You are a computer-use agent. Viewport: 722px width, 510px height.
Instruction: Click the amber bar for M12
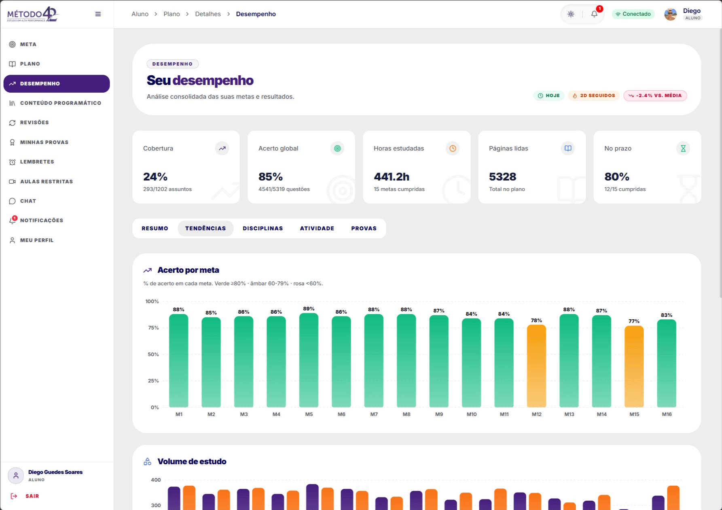click(x=536, y=366)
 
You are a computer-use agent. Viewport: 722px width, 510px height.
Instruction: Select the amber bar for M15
click(x=634, y=366)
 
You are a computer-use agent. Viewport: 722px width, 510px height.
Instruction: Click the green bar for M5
click(x=309, y=360)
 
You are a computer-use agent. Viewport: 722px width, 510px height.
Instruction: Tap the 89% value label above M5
click(x=309, y=309)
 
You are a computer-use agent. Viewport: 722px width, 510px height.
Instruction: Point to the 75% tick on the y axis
click(x=153, y=328)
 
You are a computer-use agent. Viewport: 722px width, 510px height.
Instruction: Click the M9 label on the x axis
click(x=439, y=414)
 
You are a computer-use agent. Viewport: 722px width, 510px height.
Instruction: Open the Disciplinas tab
click(x=263, y=228)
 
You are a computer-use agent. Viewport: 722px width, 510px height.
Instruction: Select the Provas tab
click(x=364, y=228)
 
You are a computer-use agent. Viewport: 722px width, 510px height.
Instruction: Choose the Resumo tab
click(x=155, y=228)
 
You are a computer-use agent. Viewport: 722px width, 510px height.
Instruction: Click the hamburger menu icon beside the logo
click(x=98, y=14)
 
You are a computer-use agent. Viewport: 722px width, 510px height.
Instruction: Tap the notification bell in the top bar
click(x=594, y=14)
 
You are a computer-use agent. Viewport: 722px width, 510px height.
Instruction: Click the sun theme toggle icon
click(x=571, y=14)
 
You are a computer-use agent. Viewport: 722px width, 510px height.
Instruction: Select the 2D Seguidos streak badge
click(x=594, y=96)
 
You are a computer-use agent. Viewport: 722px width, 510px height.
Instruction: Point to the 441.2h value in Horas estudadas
click(x=392, y=177)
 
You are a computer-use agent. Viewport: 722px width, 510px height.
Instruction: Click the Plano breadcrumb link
click(x=172, y=14)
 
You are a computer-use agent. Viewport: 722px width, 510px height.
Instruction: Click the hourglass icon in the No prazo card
click(x=683, y=149)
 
